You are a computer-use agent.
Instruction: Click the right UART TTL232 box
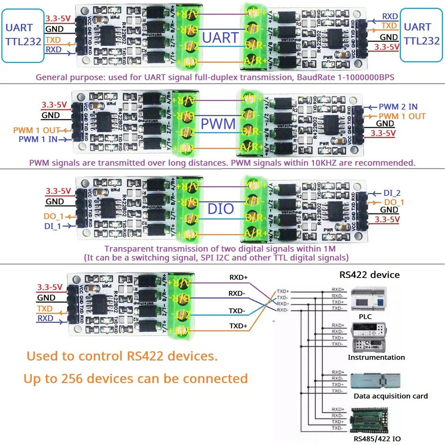click(x=422, y=34)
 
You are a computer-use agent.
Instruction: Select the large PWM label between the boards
click(x=218, y=124)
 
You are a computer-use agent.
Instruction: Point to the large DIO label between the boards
click(x=221, y=208)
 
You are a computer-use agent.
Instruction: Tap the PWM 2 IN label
click(x=398, y=107)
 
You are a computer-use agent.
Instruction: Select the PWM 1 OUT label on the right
click(x=401, y=116)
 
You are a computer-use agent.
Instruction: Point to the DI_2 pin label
click(x=392, y=193)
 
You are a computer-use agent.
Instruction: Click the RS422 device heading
click(x=369, y=275)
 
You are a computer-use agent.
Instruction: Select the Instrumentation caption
click(x=376, y=357)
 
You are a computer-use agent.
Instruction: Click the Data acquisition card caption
click(x=391, y=396)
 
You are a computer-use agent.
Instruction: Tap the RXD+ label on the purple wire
click(x=239, y=277)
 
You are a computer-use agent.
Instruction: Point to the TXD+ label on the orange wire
click(x=239, y=326)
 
